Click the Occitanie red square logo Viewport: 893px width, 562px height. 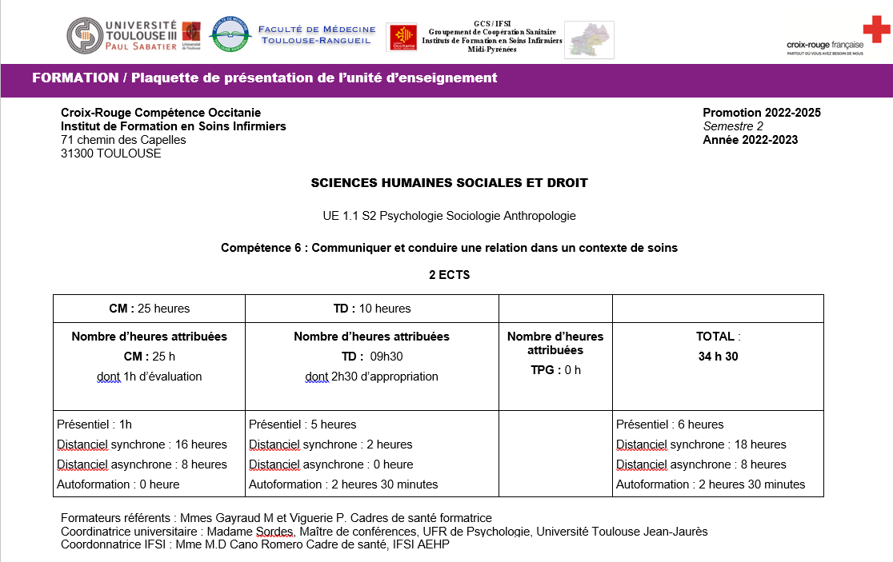[402, 38]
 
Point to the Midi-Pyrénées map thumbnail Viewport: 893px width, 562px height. [589, 39]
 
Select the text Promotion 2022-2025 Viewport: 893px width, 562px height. [761, 113]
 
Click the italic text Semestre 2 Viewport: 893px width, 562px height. [733, 126]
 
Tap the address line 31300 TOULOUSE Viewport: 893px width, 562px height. [110, 153]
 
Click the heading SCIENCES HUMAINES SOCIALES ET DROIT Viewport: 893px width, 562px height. [449, 183]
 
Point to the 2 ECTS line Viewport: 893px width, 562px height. [449, 275]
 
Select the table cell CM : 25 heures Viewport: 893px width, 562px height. [149, 309]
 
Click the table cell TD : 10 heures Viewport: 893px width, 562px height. [371, 309]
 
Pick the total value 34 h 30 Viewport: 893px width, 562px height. [718, 357]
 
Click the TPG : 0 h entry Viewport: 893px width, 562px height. [555, 370]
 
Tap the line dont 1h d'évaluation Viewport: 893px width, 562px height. [149, 377]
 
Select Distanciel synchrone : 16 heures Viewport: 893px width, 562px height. [142, 444]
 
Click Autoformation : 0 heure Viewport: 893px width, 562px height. [118, 484]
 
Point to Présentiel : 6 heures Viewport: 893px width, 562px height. [670, 424]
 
